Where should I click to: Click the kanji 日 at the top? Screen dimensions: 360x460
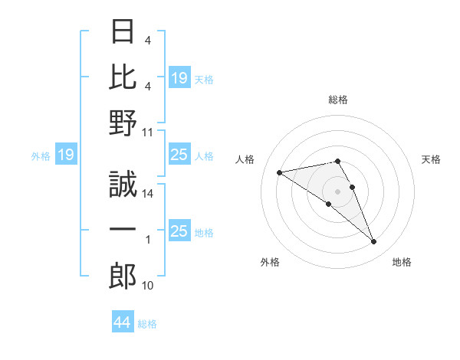coord(123,32)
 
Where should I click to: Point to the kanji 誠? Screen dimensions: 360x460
coord(123,185)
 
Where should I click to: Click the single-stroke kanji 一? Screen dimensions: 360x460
coord(123,231)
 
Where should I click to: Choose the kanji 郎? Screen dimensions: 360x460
coord(123,277)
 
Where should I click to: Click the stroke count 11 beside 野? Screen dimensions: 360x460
coord(149,132)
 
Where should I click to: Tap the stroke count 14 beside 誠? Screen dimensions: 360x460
coord(149,195)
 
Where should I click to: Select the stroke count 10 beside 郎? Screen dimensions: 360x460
coord(149,286)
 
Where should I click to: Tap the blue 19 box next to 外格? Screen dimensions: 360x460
coord(65,155)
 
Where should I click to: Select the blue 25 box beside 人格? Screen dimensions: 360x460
coord(179,155)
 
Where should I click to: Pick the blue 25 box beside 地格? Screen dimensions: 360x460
coord(179,231)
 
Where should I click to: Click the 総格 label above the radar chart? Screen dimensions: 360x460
coord(338,100)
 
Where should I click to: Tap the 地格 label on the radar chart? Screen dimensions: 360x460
coord(402,263)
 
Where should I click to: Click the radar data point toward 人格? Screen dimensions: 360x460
coord(280,172)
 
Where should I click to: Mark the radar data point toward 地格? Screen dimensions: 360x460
coord(374,242)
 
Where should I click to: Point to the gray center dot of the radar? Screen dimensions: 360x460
coord(338,191)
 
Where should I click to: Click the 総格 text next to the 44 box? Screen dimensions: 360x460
coord(147,324)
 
